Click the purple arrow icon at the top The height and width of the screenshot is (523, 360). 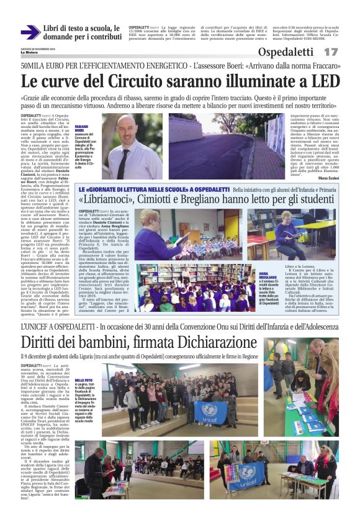coord(30,32)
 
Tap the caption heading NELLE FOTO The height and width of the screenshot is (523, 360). coord(84,380)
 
